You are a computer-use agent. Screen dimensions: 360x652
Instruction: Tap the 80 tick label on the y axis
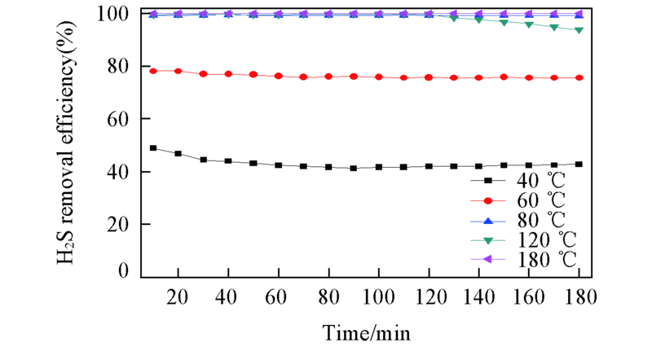pyautogui.click(x=121, y=67)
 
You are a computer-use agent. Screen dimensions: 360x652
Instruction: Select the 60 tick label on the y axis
pyautogui.click(x=121, y=119)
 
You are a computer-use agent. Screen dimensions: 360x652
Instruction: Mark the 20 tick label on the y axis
pyautogui.click(x=121, y=224)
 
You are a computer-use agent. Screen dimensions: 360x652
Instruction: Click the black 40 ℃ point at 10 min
pyautogui.click(x=153, y=148)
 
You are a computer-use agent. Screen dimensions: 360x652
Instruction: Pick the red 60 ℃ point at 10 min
pyautogui.click(x=153, y=71)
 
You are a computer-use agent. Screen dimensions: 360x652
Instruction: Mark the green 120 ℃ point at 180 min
pyautogui.click(x=579, y=30)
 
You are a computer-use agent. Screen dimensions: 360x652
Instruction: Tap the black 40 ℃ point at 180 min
pyautogui.click(x=579, y=164)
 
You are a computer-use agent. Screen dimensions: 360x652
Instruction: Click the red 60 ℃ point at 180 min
pyautogui.click(x=579, y=77)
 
